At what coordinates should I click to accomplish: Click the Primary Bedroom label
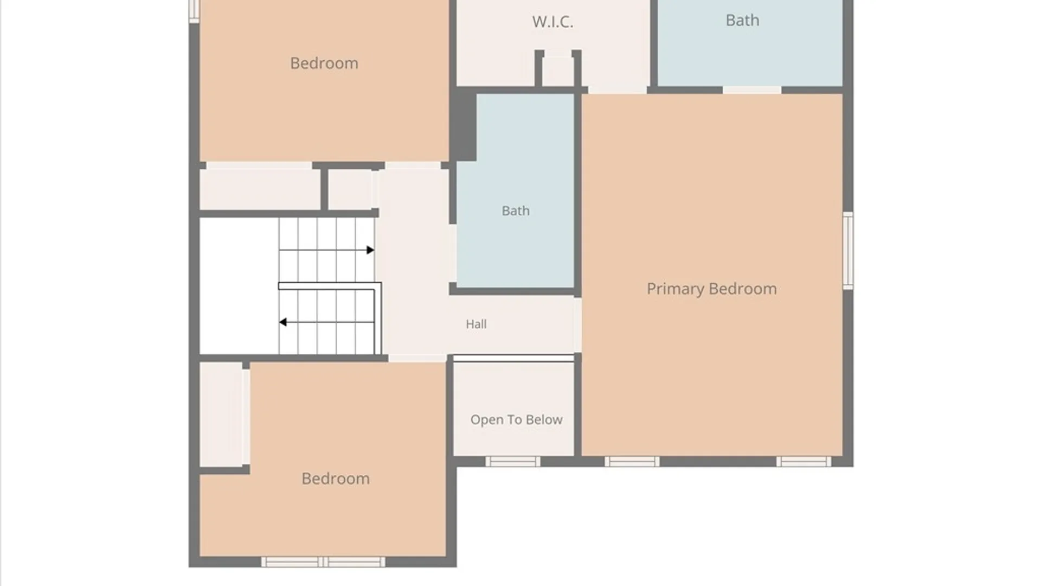[711, 289]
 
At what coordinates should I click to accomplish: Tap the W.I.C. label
[552, 22]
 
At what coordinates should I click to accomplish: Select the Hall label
[476, 324]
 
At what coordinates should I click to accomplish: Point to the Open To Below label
[516, 419]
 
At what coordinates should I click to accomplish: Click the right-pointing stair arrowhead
[370, 250]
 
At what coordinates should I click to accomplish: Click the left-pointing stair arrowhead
[282, 322]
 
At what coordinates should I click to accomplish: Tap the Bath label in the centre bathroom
[515, 211]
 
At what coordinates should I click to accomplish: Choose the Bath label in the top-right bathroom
[742, 20]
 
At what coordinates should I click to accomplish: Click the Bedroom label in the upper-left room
[324, 63]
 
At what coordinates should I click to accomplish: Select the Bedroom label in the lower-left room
[336, 479]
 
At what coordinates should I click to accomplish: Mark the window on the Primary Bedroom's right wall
[848, 251]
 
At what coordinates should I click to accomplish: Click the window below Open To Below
[512, 462]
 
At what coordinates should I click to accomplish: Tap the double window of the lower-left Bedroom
[323, 562]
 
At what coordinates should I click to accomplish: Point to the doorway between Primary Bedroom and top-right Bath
[752, 90]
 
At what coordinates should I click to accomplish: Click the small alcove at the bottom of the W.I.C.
[558, 71]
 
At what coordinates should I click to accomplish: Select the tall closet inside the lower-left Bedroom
[221, 414]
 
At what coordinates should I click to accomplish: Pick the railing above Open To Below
[513, 358]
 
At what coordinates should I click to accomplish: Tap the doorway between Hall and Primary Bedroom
[578, 325]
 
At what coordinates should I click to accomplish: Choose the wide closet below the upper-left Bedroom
[260, 189]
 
